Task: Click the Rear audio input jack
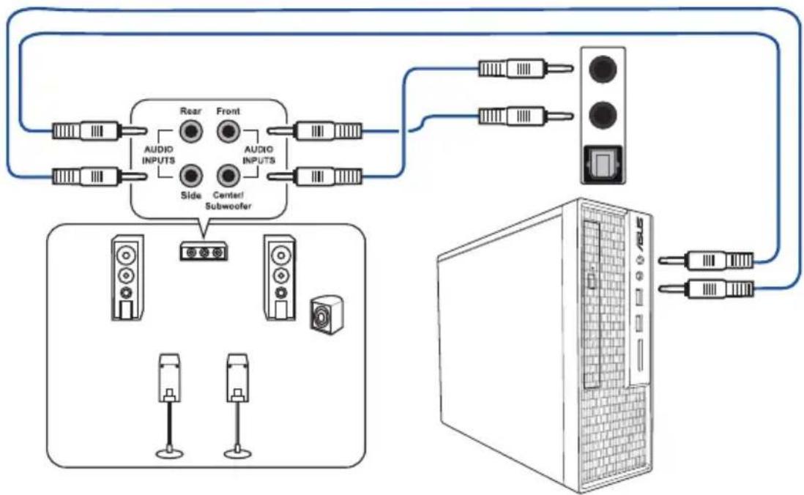pyautogui.click(x=190, y=132)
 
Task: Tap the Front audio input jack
pyautogui.click(x=228, y=132)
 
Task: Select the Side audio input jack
pyautogui.click(x=190, y=176)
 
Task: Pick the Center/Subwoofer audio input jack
pyautogui.click(x=228, y=176)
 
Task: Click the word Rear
pyautogui.click(x=190, y=111)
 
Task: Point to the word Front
pyautogui.click(x=228, y=111)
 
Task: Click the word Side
pyautogui.click(x=190, y=196)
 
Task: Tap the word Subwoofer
pyautogui.click(x=228, y=206)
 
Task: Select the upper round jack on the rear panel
pyautogui.click(x=603, y=69)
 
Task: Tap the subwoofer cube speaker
pyautogui.click(x=327, y=314)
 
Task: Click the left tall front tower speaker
pyautogui.click(x=127, y=278)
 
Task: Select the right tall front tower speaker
pyautogui.click(x=280, y=278)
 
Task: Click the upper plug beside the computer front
pyautogui.click(x=706, y=261)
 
